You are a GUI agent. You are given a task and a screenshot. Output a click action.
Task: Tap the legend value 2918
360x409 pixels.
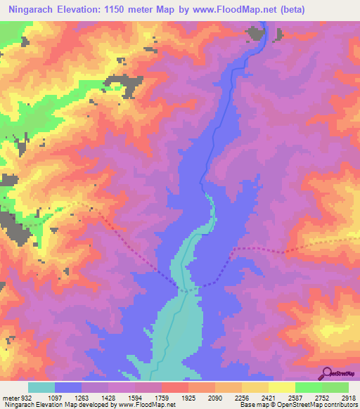click(x=349, y=398)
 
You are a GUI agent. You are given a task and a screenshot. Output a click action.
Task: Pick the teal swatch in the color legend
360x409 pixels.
click(x=41, y=387)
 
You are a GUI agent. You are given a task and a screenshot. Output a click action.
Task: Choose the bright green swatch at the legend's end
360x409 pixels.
click(x=335, y=387)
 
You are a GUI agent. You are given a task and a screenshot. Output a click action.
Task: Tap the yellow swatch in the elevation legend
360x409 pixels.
click(x=281, y=387)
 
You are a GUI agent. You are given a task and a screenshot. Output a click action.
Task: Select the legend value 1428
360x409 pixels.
click(x=109, y=398)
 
